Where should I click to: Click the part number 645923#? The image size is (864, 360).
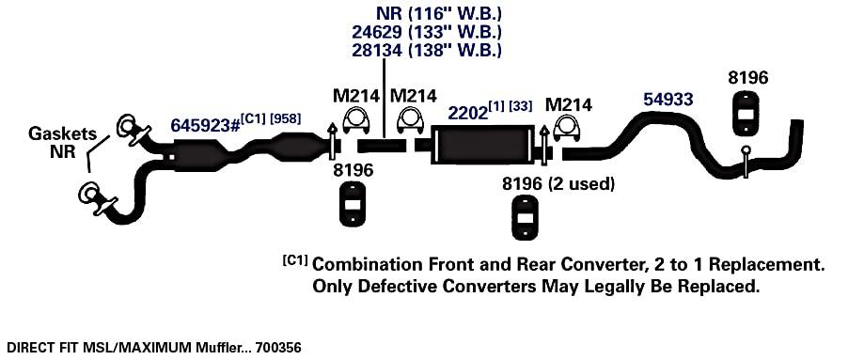point(204,125)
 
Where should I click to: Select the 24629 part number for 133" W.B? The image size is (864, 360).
point(377,31)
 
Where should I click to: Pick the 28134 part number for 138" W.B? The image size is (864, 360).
point(377,50)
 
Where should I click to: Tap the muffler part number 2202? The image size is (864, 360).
point(468,113)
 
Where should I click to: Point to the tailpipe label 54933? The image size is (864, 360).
point(668,100)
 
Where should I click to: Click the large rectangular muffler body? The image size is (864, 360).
point(482,145)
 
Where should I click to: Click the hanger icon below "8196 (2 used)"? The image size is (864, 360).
point(526,217)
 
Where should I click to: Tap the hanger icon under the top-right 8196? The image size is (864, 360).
point(746,113)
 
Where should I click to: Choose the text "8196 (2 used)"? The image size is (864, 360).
point(558,183)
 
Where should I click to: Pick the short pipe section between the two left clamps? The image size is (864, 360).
point(382,146)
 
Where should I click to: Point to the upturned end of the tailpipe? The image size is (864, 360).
point(796,138)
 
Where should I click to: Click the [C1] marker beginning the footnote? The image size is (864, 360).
point(295,260)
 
